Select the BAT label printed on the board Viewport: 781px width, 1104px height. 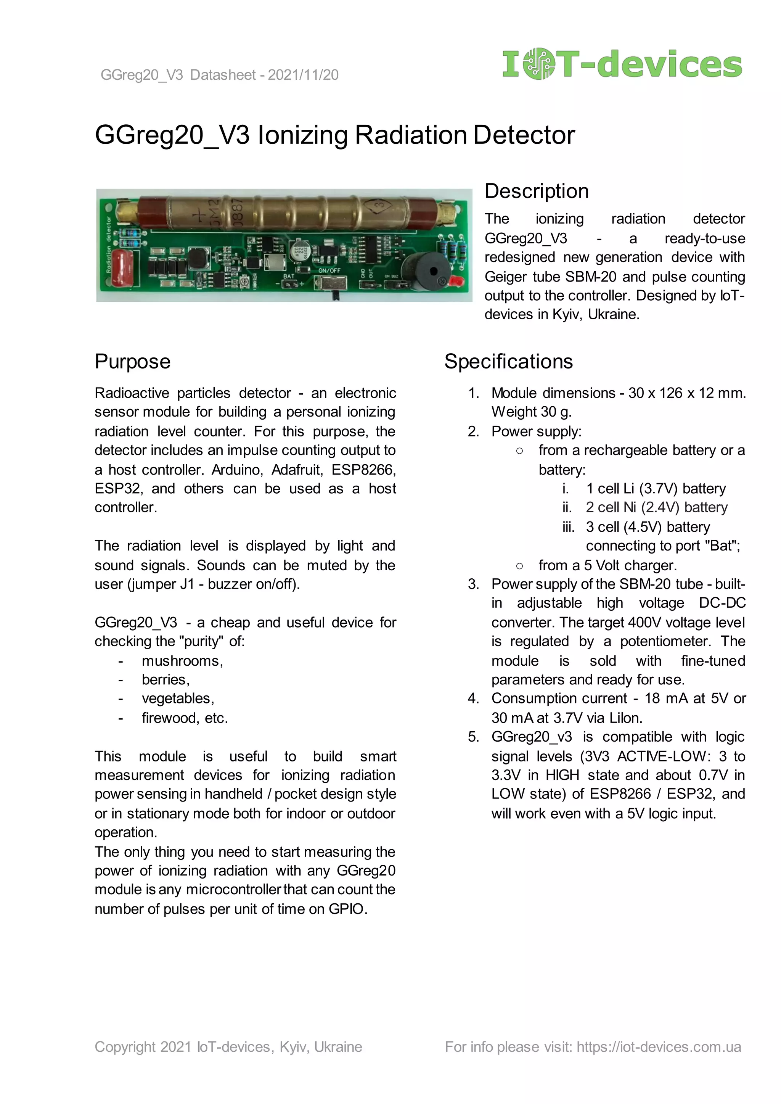point(289,276)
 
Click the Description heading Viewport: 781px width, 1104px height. point(536,192)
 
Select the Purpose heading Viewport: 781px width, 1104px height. point(132,361)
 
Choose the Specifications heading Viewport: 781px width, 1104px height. point(508,361)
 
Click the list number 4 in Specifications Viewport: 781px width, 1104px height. point(473,698)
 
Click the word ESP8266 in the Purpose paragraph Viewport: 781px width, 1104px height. point(363,470)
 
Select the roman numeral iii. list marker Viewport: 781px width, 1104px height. point(569,527)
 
